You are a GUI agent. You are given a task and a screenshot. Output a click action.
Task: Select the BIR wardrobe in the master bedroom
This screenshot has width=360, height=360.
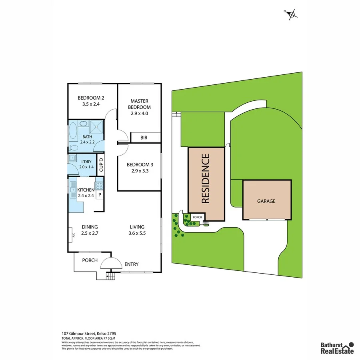144,138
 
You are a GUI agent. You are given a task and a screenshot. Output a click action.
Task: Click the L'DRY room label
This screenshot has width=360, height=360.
86,164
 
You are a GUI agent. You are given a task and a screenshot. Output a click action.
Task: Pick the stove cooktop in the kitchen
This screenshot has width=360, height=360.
99,186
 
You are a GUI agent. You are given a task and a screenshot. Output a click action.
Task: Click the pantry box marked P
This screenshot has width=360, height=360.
100,195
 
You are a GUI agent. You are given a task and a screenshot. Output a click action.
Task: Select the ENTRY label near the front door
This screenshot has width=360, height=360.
132,264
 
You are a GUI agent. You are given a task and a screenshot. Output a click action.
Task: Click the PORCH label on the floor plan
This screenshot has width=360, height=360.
90,260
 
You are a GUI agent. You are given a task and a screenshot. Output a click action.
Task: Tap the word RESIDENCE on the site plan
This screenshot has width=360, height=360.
206,179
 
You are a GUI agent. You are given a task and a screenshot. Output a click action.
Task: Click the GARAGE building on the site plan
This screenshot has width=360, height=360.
266,201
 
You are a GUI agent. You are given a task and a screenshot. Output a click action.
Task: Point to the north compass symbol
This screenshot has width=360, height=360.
292,14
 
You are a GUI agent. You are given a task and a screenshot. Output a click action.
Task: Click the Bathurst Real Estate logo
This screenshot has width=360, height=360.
337,348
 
